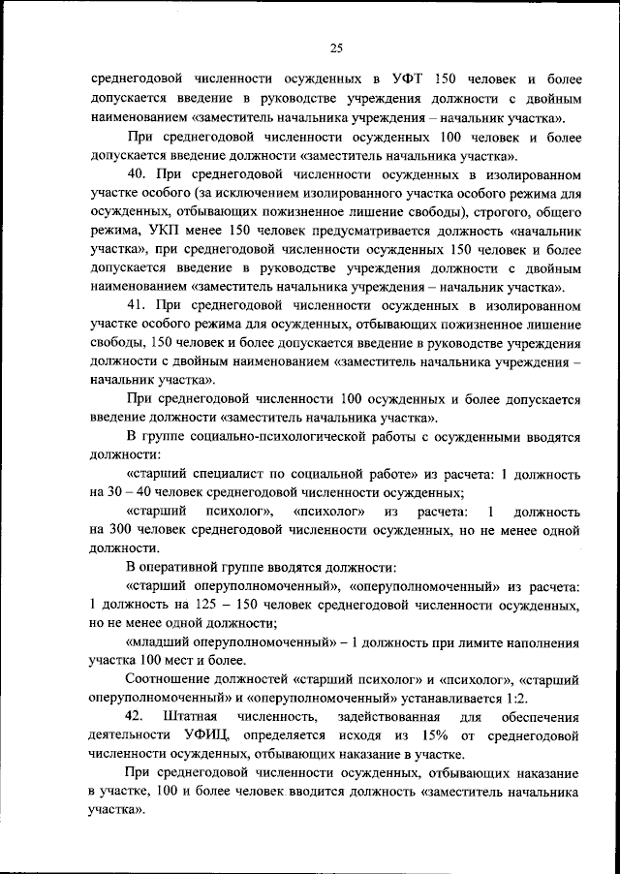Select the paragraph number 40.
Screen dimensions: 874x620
tap(137, 174)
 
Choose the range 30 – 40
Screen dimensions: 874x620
tap(123, 491)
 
